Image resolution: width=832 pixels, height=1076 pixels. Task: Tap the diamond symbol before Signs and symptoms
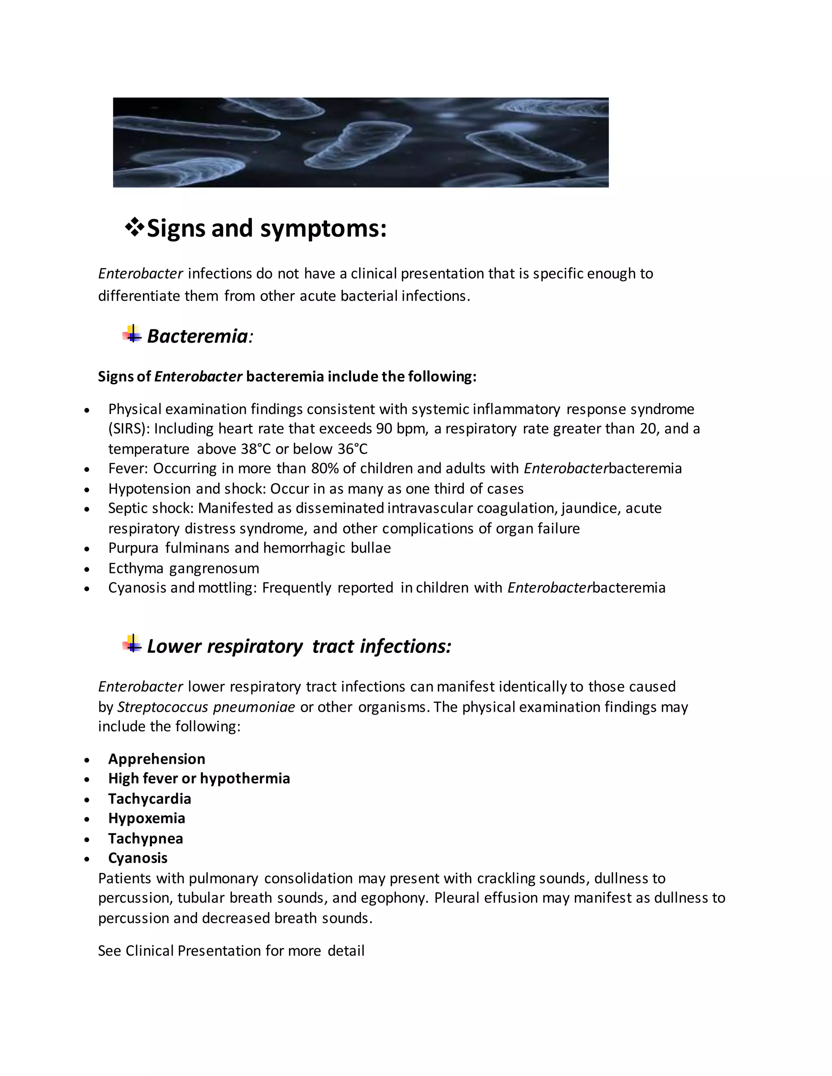coord(134,228)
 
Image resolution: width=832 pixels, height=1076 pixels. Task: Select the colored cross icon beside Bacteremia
coord(132,335)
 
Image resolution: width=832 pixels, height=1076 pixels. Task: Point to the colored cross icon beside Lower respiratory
coord(132,644)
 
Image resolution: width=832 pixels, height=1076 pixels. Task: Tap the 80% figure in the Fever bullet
coord(325,469)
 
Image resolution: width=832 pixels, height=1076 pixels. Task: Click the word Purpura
coord(133,548)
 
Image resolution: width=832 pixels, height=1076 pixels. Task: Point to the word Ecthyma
coord(136,568)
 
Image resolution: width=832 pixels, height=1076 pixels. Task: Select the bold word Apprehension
coord(157,759)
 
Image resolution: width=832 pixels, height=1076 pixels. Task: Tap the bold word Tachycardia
coord(149,799)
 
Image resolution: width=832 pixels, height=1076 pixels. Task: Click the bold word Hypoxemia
coord(146,819)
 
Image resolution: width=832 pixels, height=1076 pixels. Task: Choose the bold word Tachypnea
coord(145,839)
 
